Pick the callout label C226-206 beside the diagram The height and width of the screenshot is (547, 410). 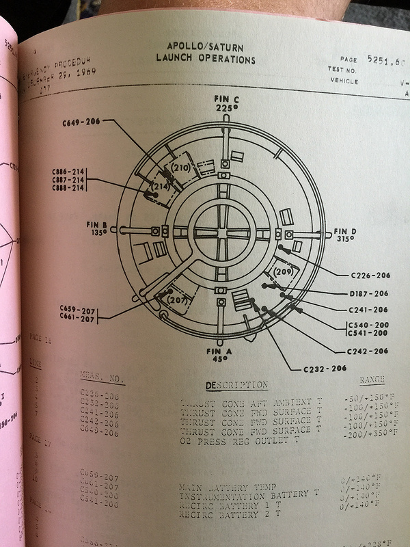click(370, 276)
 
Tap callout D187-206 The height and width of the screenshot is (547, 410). click(370, 294)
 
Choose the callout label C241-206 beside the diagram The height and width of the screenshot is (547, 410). click(370, 310)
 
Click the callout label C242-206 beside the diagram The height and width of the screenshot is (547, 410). click(368, 351)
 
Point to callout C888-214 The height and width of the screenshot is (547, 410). click(70, 188)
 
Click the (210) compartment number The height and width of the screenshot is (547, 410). click(181, 168)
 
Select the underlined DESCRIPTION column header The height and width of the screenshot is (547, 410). click(236, 385)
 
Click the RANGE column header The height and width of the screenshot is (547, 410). click(372, 380)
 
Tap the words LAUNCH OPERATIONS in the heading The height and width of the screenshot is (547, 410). click(205, 59)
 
